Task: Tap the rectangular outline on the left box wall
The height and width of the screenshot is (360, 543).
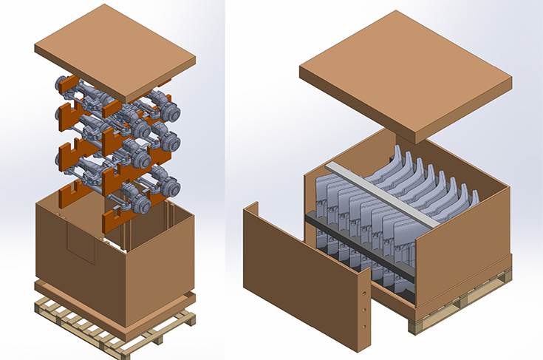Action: pyautogui.click(x=81, y=244)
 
